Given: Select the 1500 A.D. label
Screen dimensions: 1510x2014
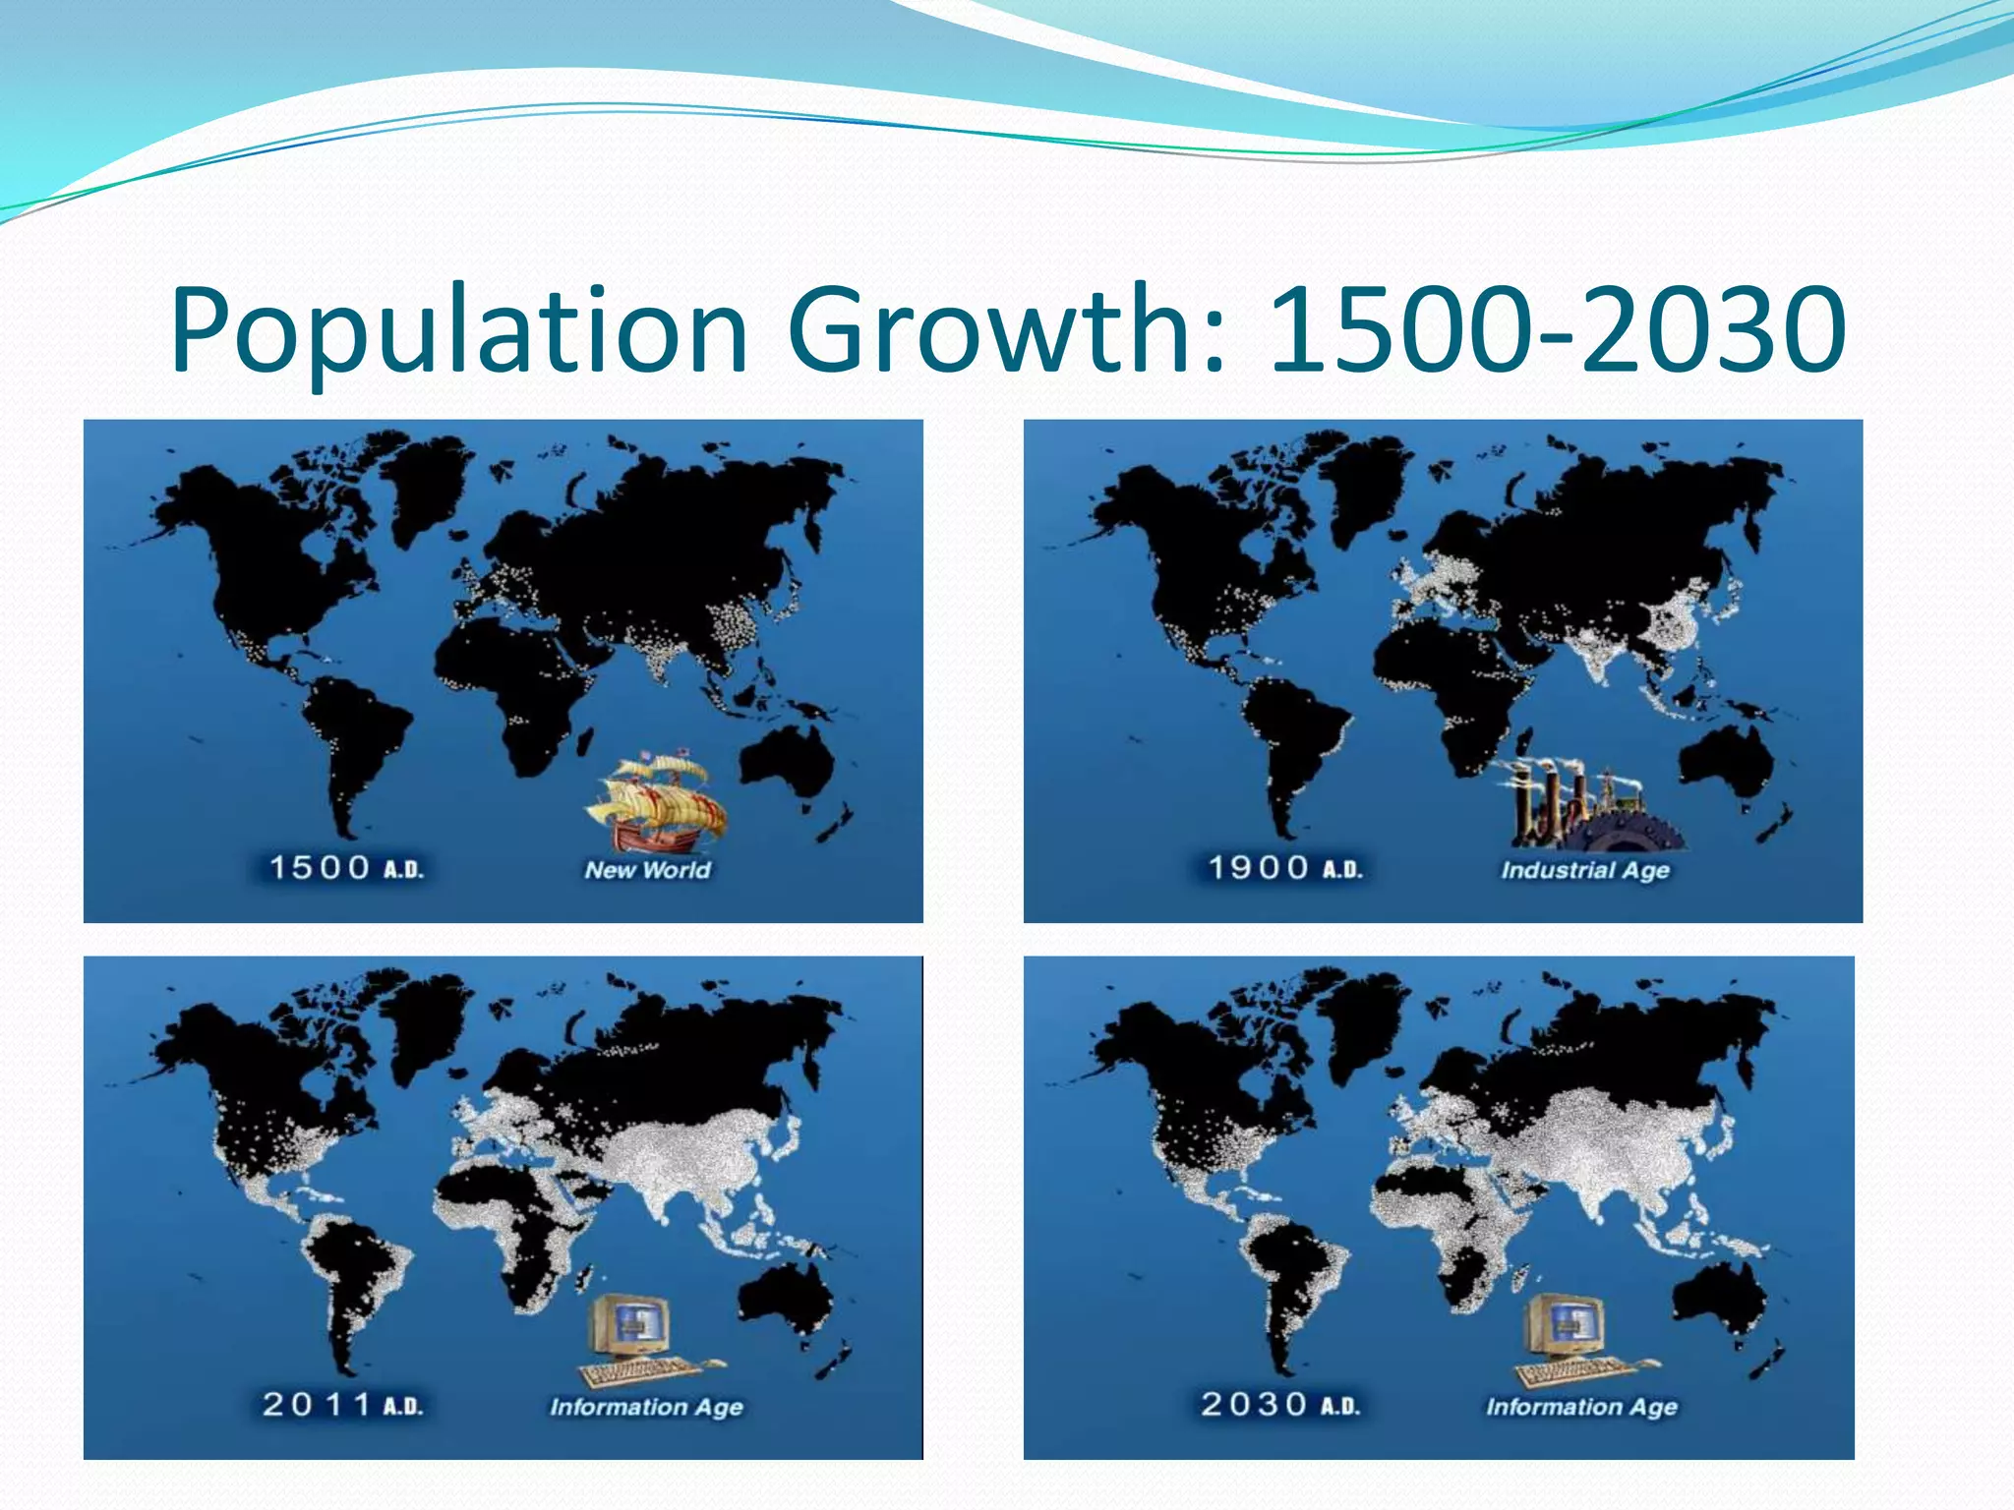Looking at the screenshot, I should [345, 868].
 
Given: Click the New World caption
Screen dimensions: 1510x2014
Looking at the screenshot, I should [647, 869].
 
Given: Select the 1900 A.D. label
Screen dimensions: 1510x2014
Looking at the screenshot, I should [1284, 868].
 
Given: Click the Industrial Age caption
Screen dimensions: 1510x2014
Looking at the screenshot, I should [1584, 870].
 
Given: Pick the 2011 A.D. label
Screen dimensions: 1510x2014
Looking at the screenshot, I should [342, 1404].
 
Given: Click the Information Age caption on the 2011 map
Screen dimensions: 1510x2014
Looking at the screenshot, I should [646, 1407].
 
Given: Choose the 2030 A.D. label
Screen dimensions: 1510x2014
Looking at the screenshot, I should [1280, 1404].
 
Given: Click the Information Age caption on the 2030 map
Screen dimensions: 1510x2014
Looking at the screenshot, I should [1581, 1407].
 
